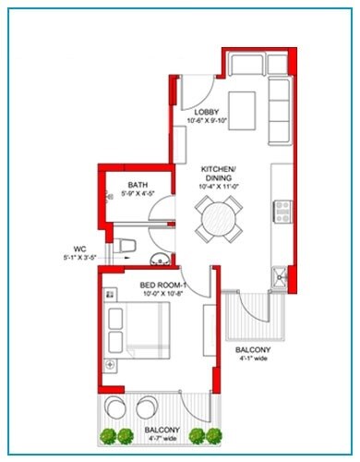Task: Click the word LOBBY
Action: click(x=206, y=113)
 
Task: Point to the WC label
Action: click(x=79, y=248)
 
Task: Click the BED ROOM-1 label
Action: click(x=163, y=285)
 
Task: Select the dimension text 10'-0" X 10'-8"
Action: click(x=163, y=295)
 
